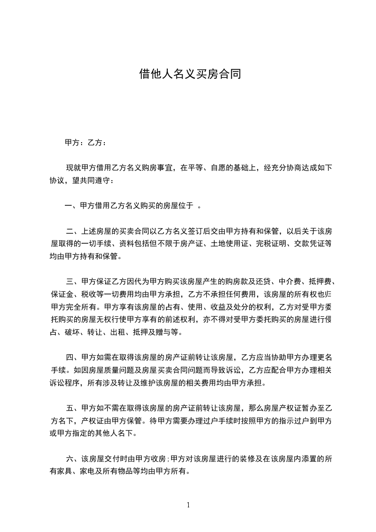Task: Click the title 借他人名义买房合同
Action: click(188, 74)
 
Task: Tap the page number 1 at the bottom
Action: click(188, 504)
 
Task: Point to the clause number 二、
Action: click(72, 231)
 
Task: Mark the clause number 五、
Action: click(72, 408)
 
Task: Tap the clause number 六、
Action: click(72, 459)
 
